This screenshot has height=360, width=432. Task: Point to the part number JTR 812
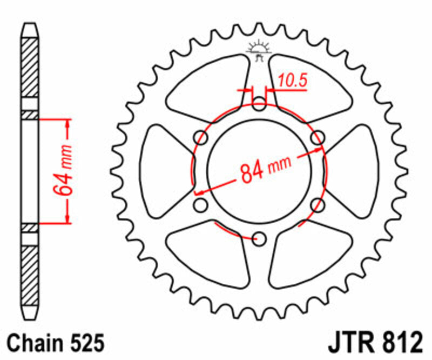[x=374, y=344]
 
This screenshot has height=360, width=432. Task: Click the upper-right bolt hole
[x=318, y=138]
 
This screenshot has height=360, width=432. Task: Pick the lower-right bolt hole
[x=318, y=205]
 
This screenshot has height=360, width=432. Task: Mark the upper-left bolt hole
[x=201, y=138]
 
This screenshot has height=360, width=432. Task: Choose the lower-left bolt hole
[x=201, y=205]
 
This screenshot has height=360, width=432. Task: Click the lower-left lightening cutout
[x=208, y=254]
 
